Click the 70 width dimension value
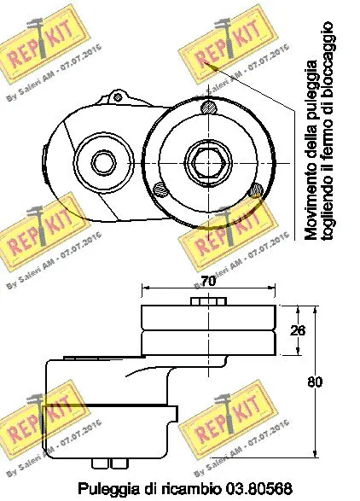[x=208, y=279]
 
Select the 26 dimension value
[x=296, y=330]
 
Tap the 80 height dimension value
[x=315, y=382]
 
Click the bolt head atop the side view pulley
[x=208, y=300]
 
